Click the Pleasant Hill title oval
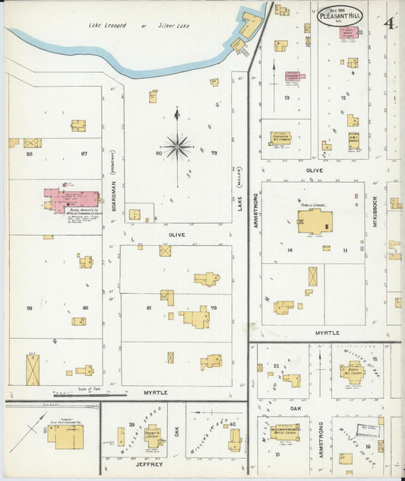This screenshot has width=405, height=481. click(340, 16)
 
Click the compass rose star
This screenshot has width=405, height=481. click(177, 146)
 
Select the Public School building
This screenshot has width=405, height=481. click(315, 221)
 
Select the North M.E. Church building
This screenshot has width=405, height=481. click(351, 372)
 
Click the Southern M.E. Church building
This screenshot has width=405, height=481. click(280, 139)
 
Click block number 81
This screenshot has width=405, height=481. click(150, 307)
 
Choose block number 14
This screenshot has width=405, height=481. click(290, 250)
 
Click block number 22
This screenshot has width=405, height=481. click(277, 365)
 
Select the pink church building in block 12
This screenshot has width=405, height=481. click(350, 33)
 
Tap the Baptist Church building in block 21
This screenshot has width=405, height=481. click(286, 432)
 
